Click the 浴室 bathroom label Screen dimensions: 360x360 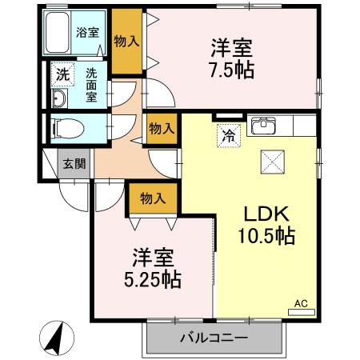[88, 33]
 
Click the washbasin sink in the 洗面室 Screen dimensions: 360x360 [60, 98]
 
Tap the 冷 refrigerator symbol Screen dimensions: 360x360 [229, 135]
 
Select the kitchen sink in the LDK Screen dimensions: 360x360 [264, 126]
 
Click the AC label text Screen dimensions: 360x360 [301, 304]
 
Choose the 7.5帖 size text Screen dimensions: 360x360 [234, 70]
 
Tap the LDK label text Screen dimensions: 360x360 [266, 214]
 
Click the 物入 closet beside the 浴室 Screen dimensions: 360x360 [127, 40]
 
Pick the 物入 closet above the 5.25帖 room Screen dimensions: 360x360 [152, 197]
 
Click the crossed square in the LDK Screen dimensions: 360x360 [274, 162]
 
